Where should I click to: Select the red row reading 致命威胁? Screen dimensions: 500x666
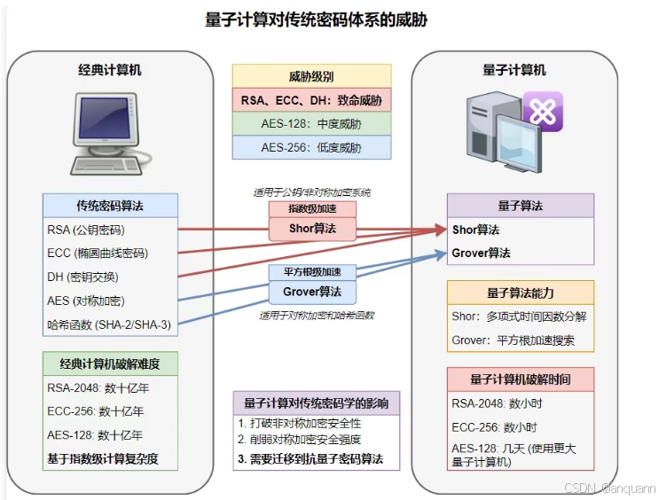point(311,100)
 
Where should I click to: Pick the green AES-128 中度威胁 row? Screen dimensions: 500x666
point(311,123)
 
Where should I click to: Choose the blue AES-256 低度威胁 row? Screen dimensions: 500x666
point(311,147)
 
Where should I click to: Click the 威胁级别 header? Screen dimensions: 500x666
point(311,76)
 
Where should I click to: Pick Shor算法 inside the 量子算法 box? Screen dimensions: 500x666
point(476,230)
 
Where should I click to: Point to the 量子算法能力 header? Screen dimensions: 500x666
point(520,293)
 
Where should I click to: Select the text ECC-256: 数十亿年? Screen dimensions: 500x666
point(95,411)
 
